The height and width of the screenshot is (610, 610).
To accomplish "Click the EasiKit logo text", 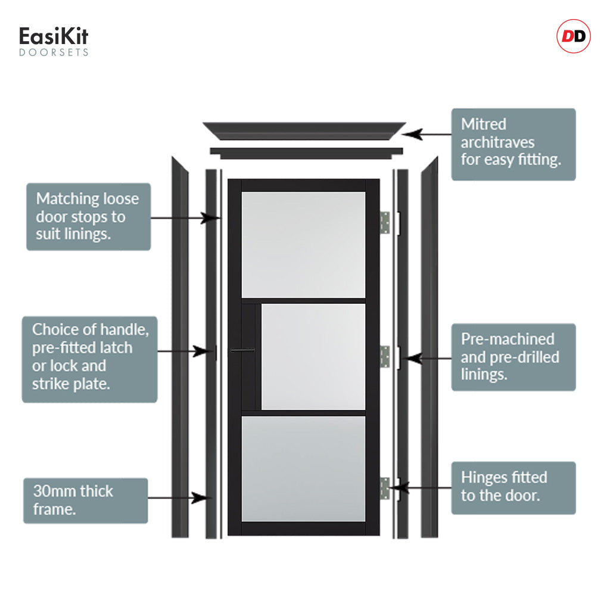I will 54,37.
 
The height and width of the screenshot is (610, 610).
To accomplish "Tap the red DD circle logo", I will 573,37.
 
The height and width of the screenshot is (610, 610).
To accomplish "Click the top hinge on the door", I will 385,223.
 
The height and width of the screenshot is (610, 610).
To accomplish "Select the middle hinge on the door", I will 385,356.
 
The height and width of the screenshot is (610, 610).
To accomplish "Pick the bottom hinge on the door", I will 385,488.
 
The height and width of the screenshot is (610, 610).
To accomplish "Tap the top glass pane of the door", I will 303,244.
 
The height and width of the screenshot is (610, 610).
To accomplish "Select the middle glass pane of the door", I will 313,356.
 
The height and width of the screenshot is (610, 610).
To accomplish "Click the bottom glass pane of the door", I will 303,468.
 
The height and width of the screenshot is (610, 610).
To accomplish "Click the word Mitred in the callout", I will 483,125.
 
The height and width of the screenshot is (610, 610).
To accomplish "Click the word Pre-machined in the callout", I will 508,339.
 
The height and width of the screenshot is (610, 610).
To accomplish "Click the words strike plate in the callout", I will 71,384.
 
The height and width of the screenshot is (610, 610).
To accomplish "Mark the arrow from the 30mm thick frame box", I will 179,497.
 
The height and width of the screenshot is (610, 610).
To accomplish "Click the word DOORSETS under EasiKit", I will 54,52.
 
